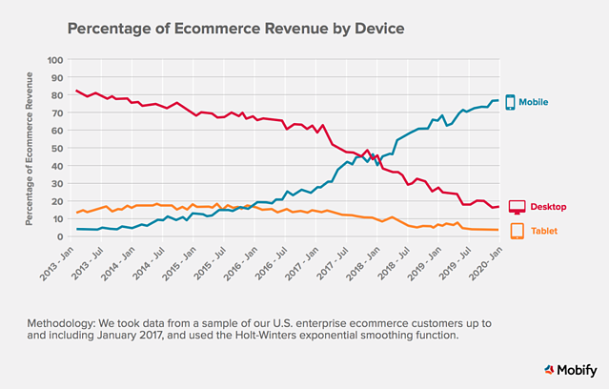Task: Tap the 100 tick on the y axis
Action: coord(55,60)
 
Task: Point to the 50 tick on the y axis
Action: coord(57,148)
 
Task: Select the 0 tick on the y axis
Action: coord(60,236)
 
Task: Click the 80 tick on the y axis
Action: coord(57,95)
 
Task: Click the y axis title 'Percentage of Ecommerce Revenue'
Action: coord(31,148)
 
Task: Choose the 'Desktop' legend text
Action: coord(550,207)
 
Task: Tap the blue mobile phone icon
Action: coord(510,102)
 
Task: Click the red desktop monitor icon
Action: coord(518,208)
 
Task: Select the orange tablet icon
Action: coord(518,231)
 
